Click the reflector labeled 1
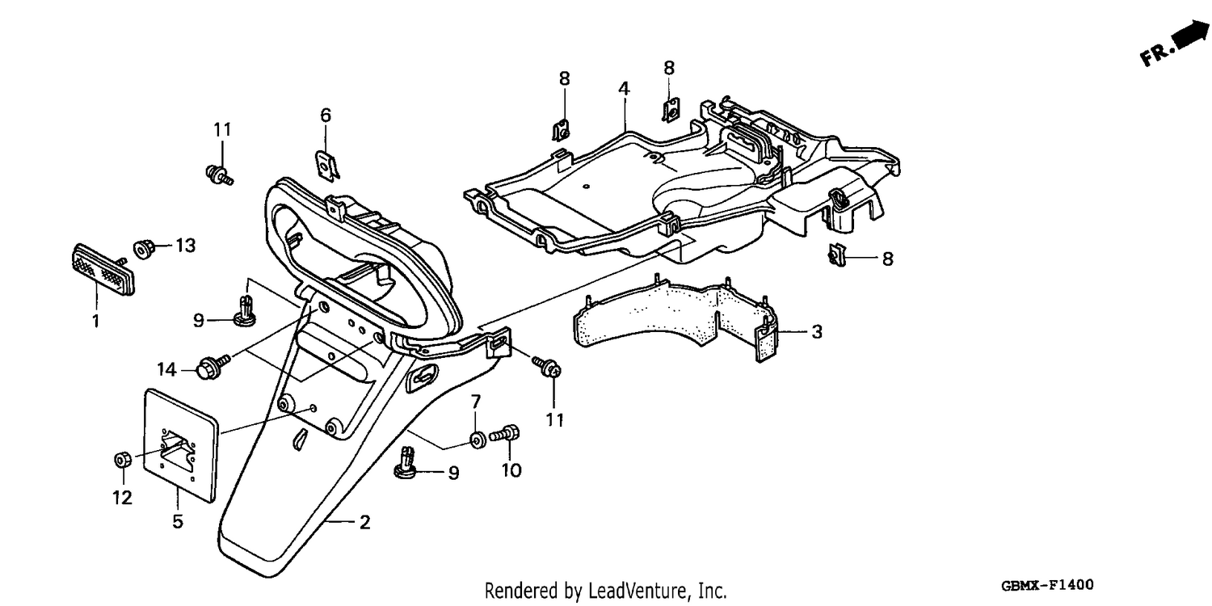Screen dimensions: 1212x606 pos(103,268)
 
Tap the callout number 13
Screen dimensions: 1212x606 pos(186,246)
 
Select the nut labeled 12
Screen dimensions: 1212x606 pos(122,461)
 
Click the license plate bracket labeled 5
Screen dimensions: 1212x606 pos(180,445)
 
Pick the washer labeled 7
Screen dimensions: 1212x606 pos(477,440)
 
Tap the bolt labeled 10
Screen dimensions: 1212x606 pos(505,435)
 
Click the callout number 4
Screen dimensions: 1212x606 pos(624,89)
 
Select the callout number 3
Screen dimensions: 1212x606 pos(816,331)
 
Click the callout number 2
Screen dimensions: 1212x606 pos(365,522)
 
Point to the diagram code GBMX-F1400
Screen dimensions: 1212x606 pos(1047,585)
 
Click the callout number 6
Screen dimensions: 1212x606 pos(326,116)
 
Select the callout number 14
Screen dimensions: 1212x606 pos(166,370)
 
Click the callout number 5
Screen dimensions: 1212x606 pos(178,522)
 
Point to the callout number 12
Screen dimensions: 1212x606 pos(122,498)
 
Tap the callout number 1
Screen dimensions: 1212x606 pos(96,322)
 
